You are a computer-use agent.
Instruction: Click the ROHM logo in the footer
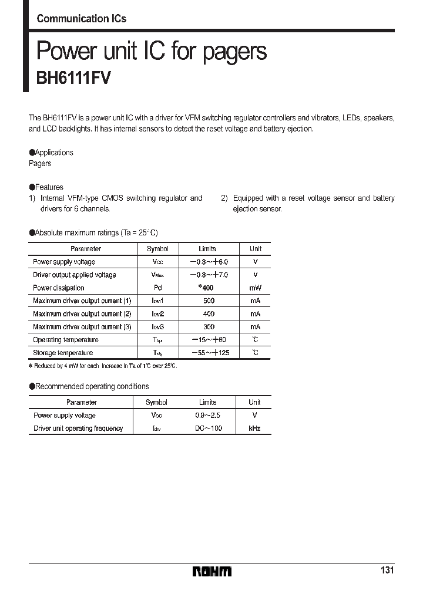coord(212,571)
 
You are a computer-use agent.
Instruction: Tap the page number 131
coord(387,571)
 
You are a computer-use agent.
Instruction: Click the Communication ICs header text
coord(82,19)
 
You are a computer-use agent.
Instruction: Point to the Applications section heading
coord(51,153)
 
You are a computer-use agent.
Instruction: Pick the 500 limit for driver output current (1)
coord(208,301)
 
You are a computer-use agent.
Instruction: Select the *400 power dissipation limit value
coord(207,288)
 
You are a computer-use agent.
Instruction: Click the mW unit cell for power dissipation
coord(255,288)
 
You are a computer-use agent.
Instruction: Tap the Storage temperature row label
coord(63,353)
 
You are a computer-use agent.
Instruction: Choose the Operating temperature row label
coord(66,340)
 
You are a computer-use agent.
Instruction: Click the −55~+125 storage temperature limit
coord(208,353)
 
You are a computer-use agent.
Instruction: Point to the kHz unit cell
coord(254,428)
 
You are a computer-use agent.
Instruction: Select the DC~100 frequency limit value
coord(208,428)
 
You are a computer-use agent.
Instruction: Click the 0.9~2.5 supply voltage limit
coord(208,416)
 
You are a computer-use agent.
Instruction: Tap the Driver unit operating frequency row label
coord(78,428)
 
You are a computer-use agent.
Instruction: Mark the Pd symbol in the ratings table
coord(157,288)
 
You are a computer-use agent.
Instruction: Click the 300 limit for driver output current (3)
coord(208,327)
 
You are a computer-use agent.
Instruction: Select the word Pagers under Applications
coord(40,164)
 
